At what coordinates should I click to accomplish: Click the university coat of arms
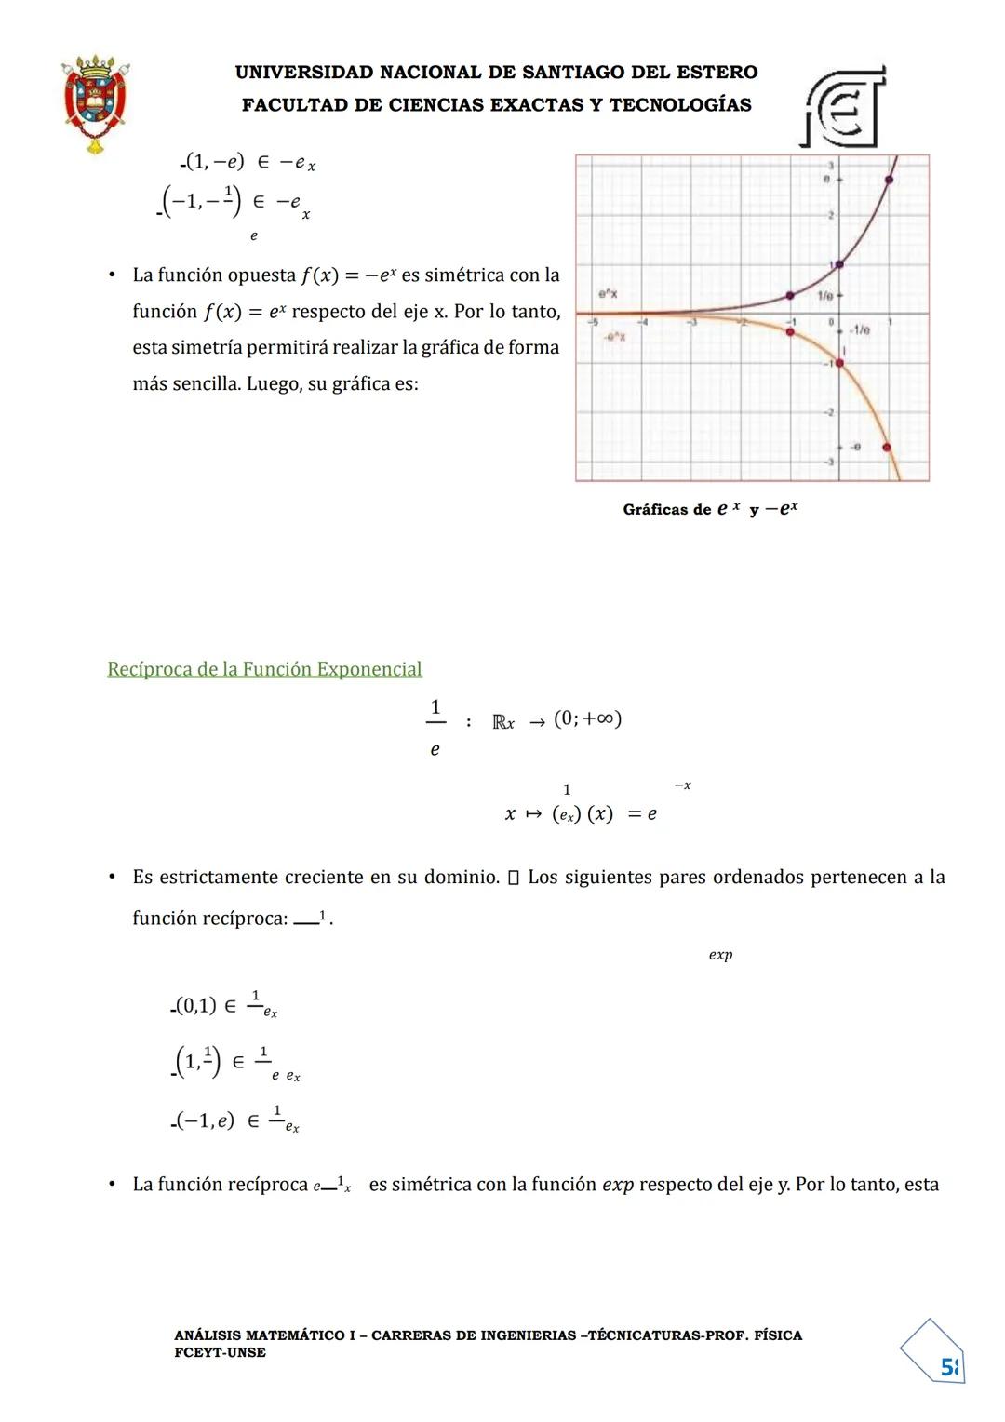(94, 103)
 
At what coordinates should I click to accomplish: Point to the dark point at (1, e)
(890, 180)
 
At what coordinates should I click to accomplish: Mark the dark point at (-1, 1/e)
(790, 295)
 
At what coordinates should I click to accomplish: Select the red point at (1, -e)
(886, 448)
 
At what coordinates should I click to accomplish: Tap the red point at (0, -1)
(839, 362)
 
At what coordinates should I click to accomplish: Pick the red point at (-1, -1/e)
(790, 331)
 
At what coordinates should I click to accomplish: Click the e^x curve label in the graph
(608, 294)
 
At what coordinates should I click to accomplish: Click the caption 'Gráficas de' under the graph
(666, 510)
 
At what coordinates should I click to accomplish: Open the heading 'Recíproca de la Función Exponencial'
(264, 669)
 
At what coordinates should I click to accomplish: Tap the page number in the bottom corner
(948, 1367)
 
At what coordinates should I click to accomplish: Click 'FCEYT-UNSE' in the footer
(220, 1352)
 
